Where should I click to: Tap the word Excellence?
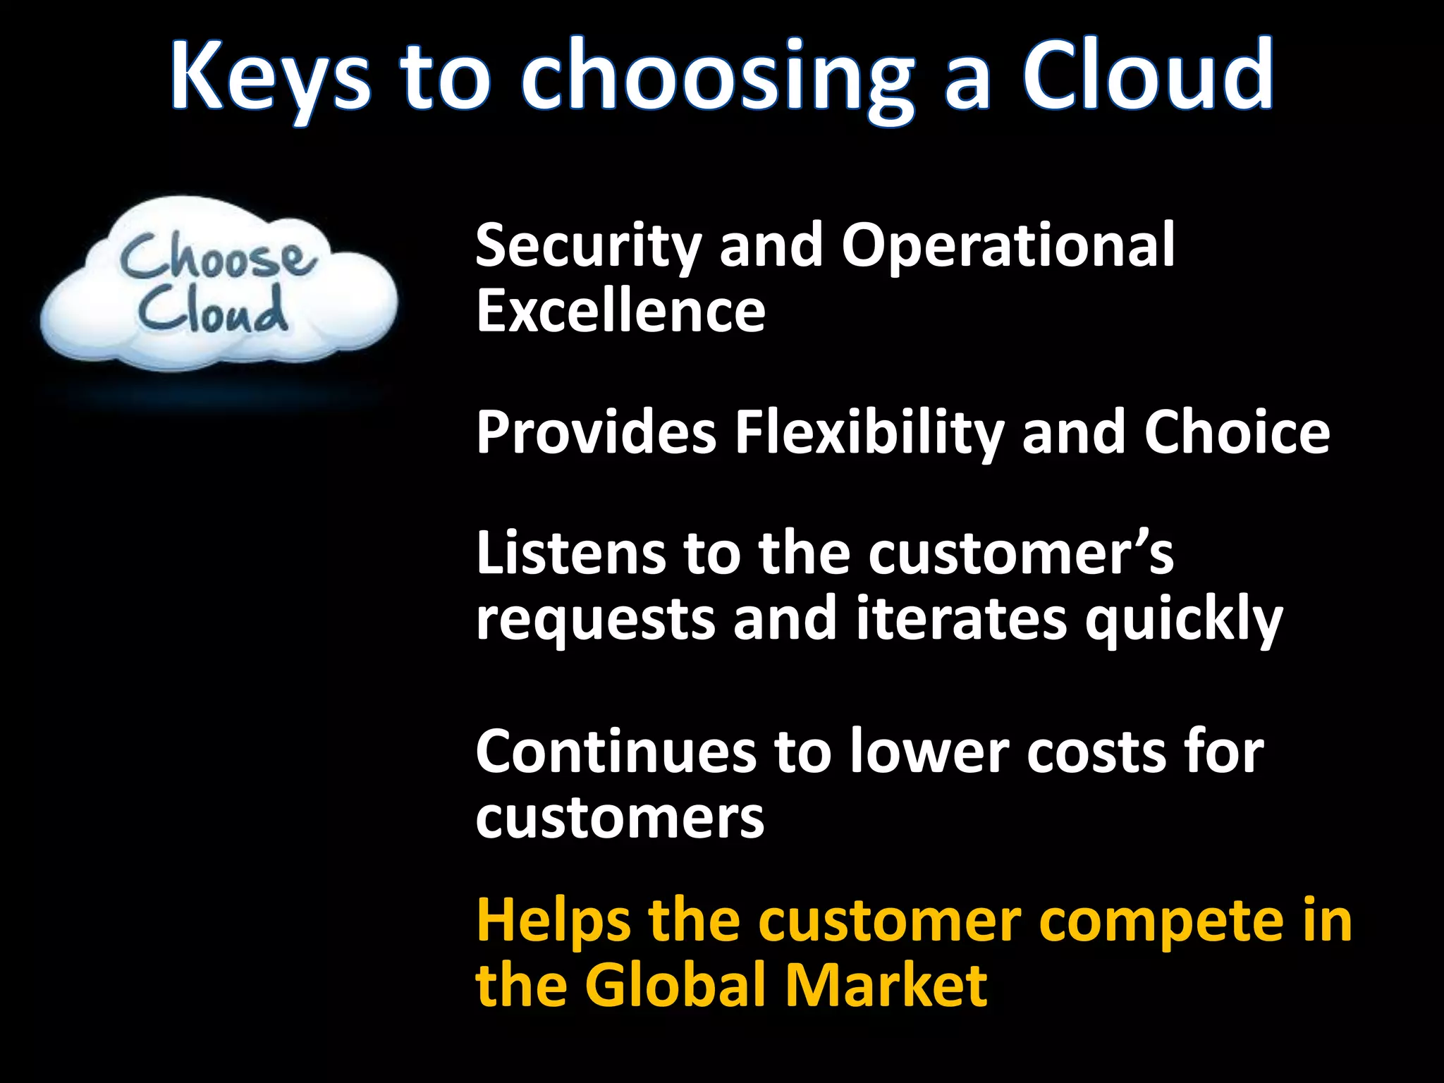[620, 311]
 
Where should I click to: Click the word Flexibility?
[870, 434]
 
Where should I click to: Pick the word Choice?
[1237, 433]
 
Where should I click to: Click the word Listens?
[570, 554]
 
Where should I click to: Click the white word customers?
[620, 818]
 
